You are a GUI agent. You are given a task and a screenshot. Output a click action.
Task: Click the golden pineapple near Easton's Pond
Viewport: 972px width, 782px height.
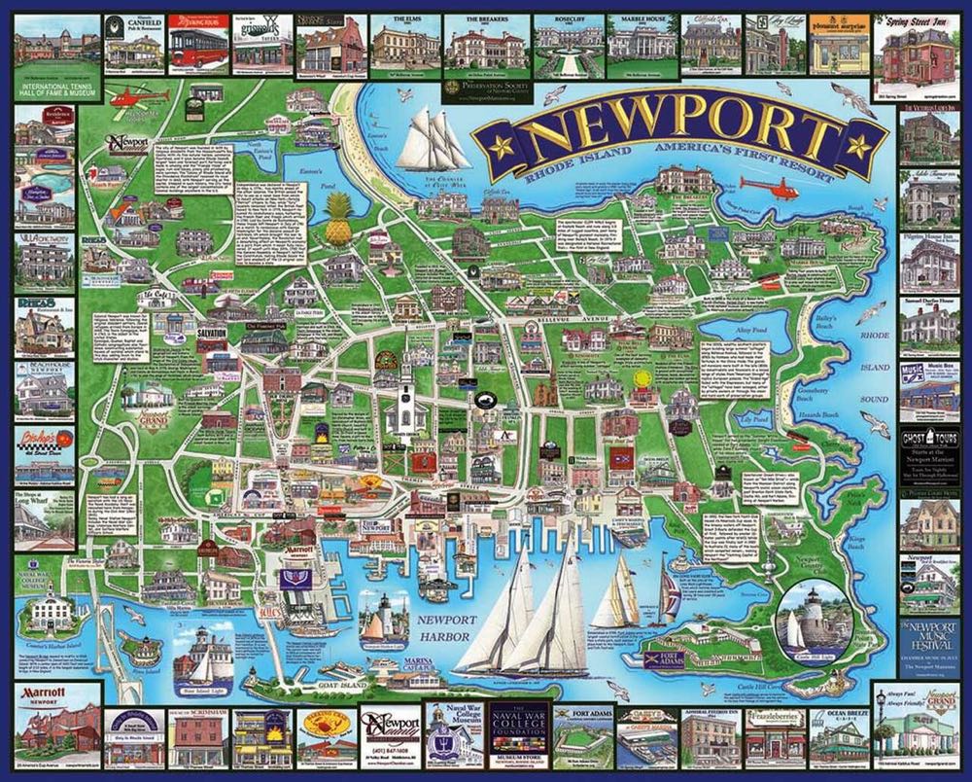pos(338,220)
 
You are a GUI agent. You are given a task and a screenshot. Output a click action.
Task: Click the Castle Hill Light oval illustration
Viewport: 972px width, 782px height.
pos(813,619)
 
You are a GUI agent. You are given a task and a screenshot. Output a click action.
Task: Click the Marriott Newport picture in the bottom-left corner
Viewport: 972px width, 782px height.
pos(57,731)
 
